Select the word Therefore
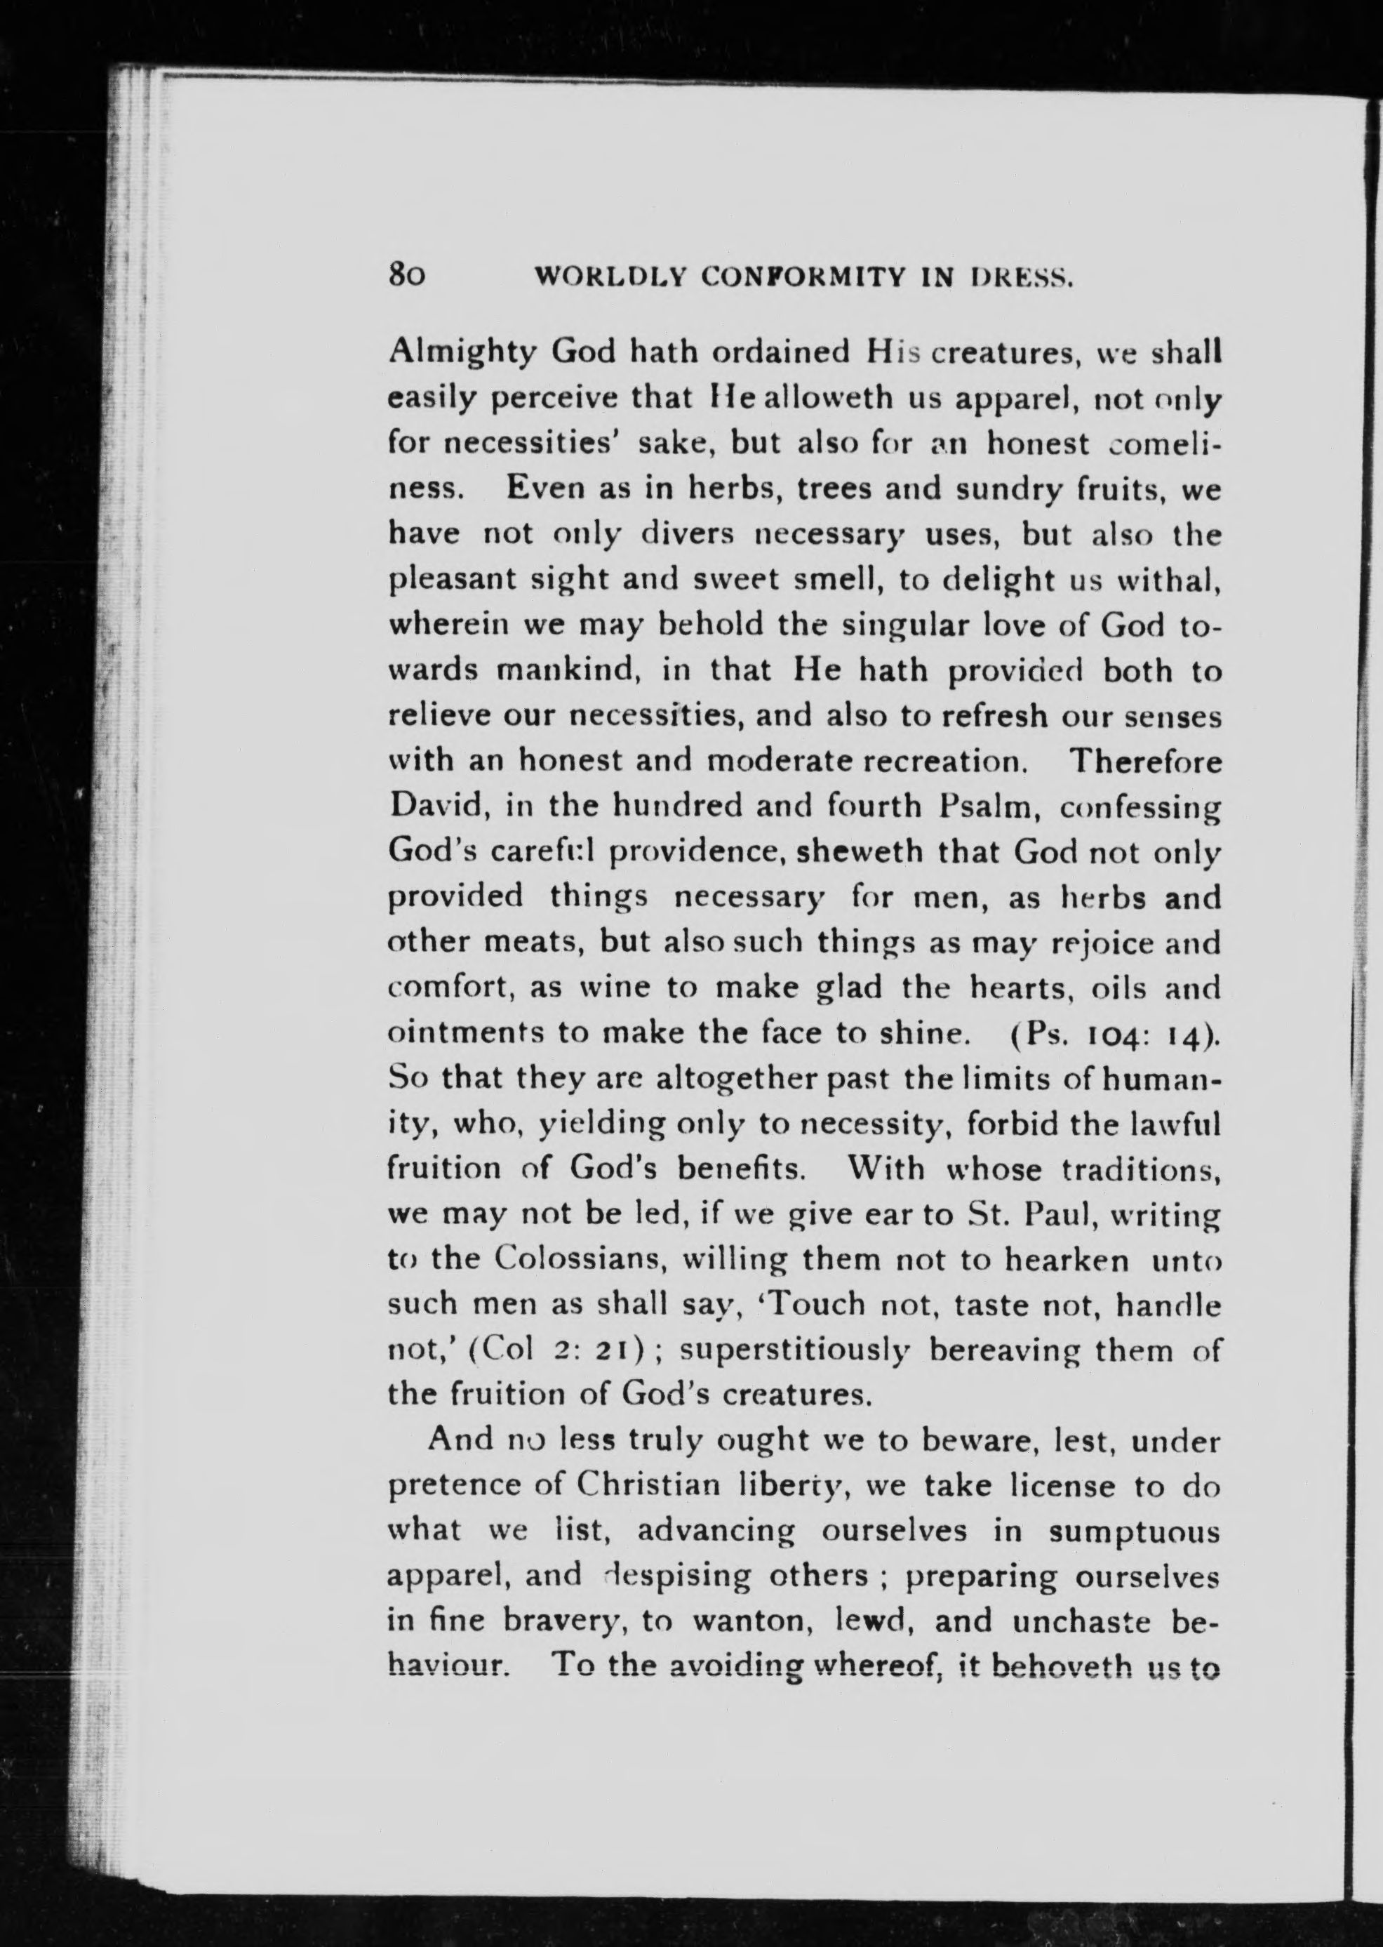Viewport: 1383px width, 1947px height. pos(1144,759)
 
